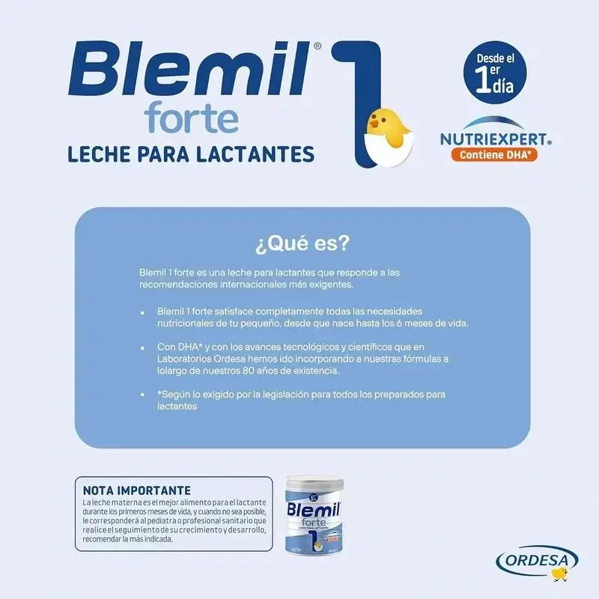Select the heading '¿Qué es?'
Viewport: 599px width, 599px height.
[303, 245]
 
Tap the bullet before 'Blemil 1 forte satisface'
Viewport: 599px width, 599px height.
[142, 311]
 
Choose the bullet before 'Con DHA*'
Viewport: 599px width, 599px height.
[142, 349]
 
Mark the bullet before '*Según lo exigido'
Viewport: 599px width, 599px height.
[142, 395]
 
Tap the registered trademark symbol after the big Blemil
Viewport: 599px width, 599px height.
[317, 46]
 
